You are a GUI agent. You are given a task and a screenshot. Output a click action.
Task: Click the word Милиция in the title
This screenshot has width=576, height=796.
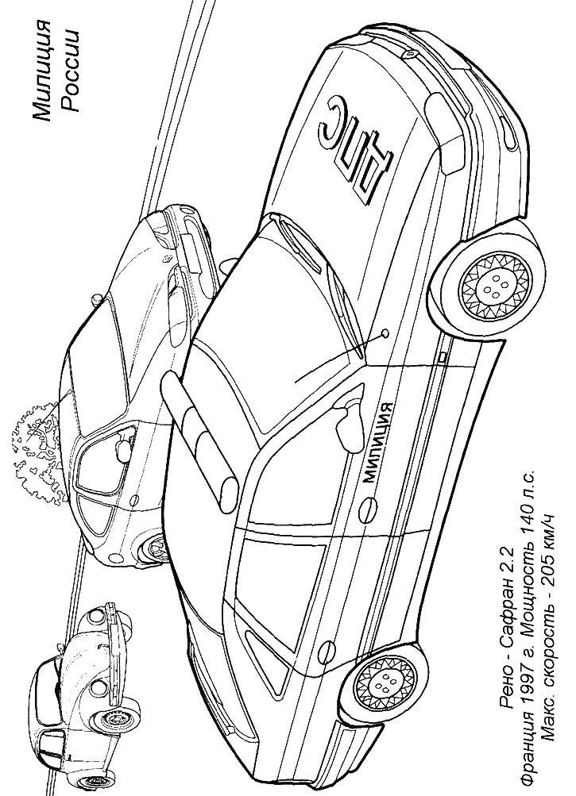point(42,72)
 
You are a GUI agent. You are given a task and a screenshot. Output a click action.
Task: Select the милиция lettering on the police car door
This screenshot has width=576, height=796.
point(377,442)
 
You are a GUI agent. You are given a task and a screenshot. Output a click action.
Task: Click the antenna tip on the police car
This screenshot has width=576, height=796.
point(385,333)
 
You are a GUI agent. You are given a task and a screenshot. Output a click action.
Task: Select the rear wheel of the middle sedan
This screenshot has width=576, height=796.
point(153,548)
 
